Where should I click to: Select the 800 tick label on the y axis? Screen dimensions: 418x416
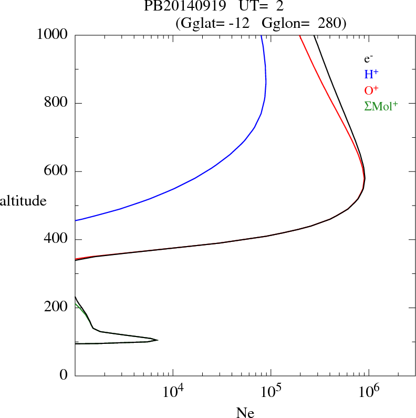(58, 103)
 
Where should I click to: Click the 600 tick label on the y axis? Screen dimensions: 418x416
(58, 171)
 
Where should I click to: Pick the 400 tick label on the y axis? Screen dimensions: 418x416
(58, 239)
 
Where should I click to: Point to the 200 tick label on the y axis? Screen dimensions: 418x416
(58, 308)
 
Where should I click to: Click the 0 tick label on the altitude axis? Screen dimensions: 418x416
(65, 375)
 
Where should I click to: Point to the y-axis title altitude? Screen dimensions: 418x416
(23, 200)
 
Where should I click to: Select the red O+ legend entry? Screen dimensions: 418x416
(371, 90)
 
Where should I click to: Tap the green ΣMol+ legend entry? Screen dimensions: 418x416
(381, 106)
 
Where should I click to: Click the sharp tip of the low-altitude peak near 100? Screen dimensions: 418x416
(158, 340)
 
